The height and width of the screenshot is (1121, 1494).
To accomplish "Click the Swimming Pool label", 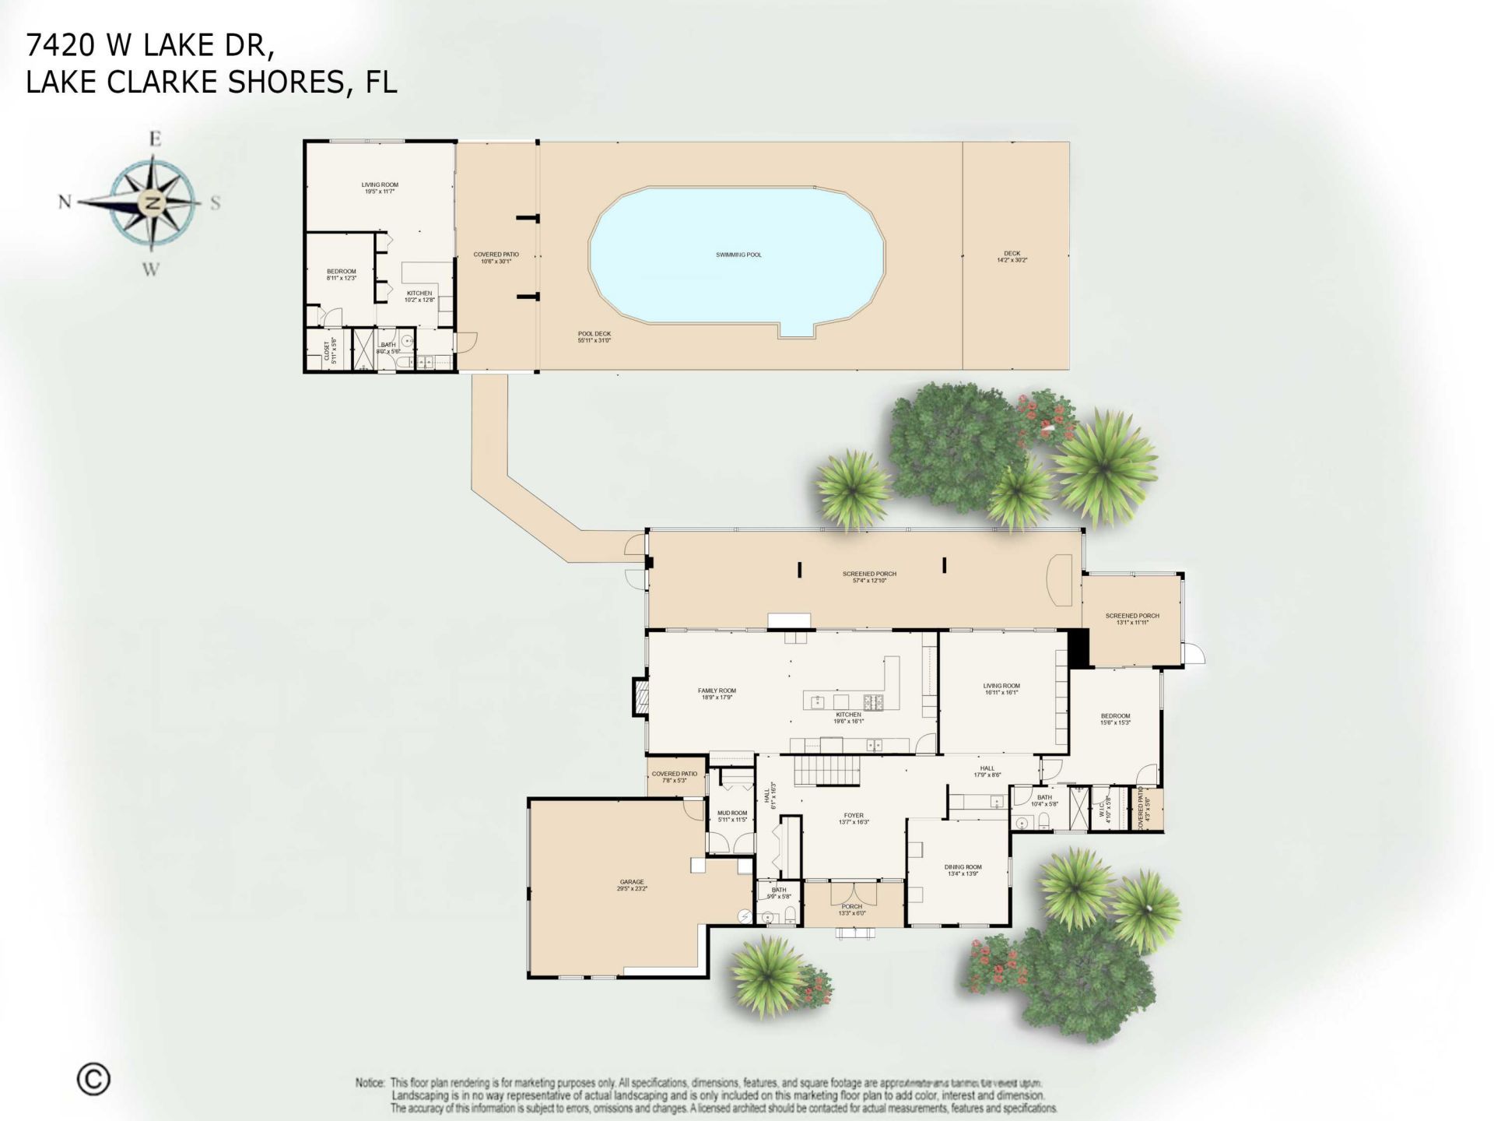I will [x=738, y=255].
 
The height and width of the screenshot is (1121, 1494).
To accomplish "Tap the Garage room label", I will [x=631, y=885].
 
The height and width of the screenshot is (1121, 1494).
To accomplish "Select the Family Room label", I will [x=716, y=694].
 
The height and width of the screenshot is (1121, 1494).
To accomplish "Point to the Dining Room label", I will [x=963, y=870].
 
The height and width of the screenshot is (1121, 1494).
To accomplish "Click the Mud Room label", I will [x=731, y=816].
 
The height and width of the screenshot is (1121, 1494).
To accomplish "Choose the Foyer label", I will [x=854, y=818].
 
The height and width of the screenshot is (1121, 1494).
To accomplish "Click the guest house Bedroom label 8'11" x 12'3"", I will [x=341, y=274].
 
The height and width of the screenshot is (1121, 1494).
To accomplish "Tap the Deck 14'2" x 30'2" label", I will [x=1012, y=256].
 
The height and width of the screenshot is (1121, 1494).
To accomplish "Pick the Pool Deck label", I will [x=594, y=336].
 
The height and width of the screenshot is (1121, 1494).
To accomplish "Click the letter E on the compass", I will [x=155, y=139].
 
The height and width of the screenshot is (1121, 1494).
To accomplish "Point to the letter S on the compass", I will [x=216, y=203].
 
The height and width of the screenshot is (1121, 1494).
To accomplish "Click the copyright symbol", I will [x=93, y=1079].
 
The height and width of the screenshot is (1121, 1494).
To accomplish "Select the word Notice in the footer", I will [x=370, y=1083].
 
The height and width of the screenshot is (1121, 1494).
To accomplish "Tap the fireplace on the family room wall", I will [x=640, y=696].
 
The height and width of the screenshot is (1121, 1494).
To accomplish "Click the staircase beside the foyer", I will [x=826, y=773].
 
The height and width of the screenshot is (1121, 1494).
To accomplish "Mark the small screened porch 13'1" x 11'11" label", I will [x=1131, y=619].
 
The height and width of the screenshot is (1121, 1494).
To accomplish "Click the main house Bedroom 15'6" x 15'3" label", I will [x=1115, y=719].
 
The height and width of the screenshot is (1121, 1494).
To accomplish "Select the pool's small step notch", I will [x=797, y=330].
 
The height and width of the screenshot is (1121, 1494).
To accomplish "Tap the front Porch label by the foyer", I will [x=851, y=909].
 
